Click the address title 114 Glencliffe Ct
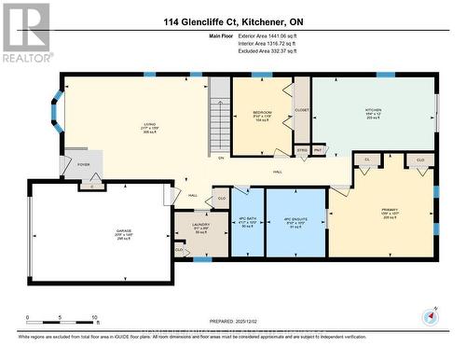coord(232,21)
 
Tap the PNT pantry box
coord(318,149)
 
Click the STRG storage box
coord(302,149)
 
